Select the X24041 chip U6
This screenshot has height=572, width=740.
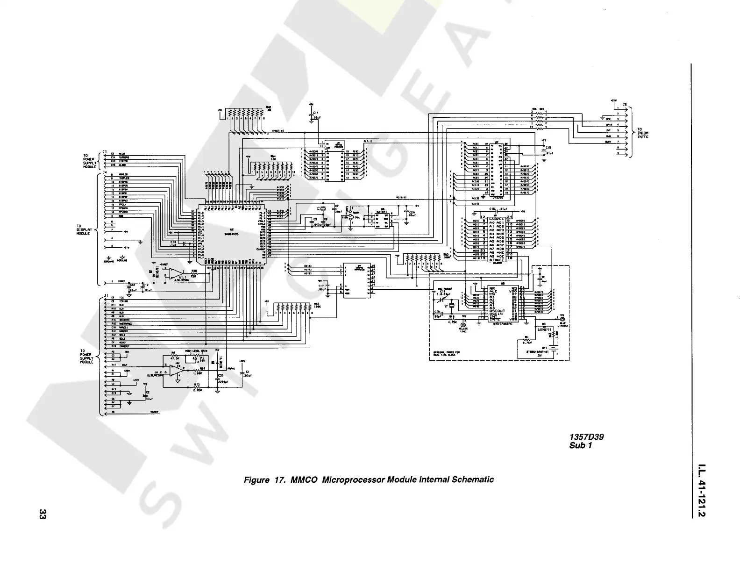tap(382, 220)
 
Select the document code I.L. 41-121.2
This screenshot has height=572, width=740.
tap(701, 490)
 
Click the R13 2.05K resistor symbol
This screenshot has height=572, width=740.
tap(197, 386)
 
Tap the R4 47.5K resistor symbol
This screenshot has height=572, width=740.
tap(174, 355)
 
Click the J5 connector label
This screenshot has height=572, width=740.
tap(625, 105)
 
